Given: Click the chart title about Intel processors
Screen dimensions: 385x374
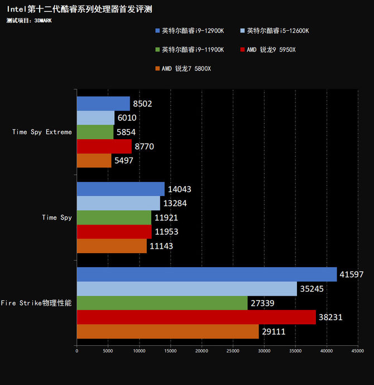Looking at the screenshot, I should click(79, 9).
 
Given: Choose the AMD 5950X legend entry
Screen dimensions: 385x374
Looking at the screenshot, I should click(271, 50).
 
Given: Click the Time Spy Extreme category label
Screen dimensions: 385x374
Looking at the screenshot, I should click(42, 132).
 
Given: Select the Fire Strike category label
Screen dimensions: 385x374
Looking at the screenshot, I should click(36, 303).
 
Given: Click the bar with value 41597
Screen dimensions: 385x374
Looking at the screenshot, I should click(207, 274).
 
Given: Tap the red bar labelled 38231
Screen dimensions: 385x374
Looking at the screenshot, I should click(196, 317).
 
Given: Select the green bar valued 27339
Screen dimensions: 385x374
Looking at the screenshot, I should click(162, 303).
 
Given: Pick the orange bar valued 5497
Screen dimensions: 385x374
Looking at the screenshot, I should click(94, 160).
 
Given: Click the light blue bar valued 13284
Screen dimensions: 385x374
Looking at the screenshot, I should click(118, 203).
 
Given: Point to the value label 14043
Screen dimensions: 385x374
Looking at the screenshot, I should click(179, 189).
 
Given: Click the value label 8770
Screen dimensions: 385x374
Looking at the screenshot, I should click(143, 146).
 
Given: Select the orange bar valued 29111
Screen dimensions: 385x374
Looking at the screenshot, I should click(167, 332).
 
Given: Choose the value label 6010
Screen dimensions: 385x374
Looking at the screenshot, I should click(127, 118).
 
